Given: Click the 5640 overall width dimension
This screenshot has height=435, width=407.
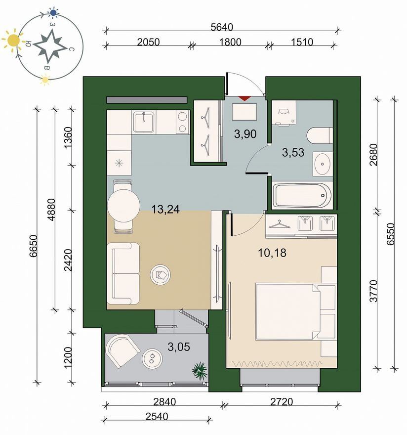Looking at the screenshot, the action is coord(222,27).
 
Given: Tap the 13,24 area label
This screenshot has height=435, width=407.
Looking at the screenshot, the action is coord(165,209).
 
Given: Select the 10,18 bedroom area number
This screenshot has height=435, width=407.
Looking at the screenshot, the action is coord(272,253).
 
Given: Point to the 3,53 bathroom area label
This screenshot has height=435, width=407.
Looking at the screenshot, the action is coord(293,152).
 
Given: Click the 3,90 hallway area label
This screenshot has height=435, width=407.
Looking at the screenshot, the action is coord(245,134).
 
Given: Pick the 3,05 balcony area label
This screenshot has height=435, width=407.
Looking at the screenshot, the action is coord(179,347).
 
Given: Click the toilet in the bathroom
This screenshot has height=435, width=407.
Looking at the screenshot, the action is coord(320,135).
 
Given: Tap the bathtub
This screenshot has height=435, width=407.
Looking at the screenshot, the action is coord(302,195).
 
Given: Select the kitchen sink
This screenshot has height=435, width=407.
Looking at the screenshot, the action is coord(144,122).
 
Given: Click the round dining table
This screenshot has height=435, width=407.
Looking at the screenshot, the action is coord(123,206).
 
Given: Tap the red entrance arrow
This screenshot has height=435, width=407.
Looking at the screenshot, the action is coord(245,98).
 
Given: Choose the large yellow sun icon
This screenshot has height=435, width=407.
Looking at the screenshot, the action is coord(13,41).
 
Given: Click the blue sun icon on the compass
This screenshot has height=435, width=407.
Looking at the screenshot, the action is coord(53,12).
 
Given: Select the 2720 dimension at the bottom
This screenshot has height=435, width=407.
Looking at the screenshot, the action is coord(282,402).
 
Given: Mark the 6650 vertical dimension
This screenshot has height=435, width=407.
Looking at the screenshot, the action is coord(33,246).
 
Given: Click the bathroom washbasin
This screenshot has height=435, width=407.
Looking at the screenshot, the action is coord(323,164).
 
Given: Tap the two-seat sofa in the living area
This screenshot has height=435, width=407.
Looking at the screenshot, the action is coord(123,274).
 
